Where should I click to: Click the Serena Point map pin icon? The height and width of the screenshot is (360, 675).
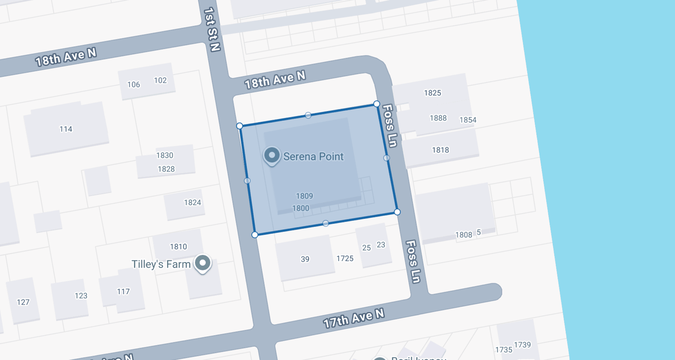272,155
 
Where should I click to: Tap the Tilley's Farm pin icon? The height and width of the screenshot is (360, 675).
202,262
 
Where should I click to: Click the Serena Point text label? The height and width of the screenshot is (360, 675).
313,157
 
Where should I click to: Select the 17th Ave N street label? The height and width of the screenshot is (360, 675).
353,318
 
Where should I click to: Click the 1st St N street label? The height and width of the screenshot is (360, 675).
211,29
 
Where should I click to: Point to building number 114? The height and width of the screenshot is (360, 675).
66,129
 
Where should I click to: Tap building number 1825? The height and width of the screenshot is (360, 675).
432,93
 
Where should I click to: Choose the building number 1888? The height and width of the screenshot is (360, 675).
438,118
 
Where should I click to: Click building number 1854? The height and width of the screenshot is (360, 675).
468,120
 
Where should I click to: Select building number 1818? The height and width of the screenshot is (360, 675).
440,150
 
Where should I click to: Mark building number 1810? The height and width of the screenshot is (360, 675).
178,247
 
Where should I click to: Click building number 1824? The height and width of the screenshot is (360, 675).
192,202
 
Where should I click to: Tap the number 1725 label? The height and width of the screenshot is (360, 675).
345,258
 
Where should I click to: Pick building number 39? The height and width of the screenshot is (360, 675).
305,259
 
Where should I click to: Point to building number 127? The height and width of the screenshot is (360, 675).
23,303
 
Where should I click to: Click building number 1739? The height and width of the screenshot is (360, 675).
522,345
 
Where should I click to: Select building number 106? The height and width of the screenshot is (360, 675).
134,85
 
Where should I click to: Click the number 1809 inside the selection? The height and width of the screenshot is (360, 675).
304,196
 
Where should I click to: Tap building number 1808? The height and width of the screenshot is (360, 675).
464,235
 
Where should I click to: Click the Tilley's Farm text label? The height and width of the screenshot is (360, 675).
161,264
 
